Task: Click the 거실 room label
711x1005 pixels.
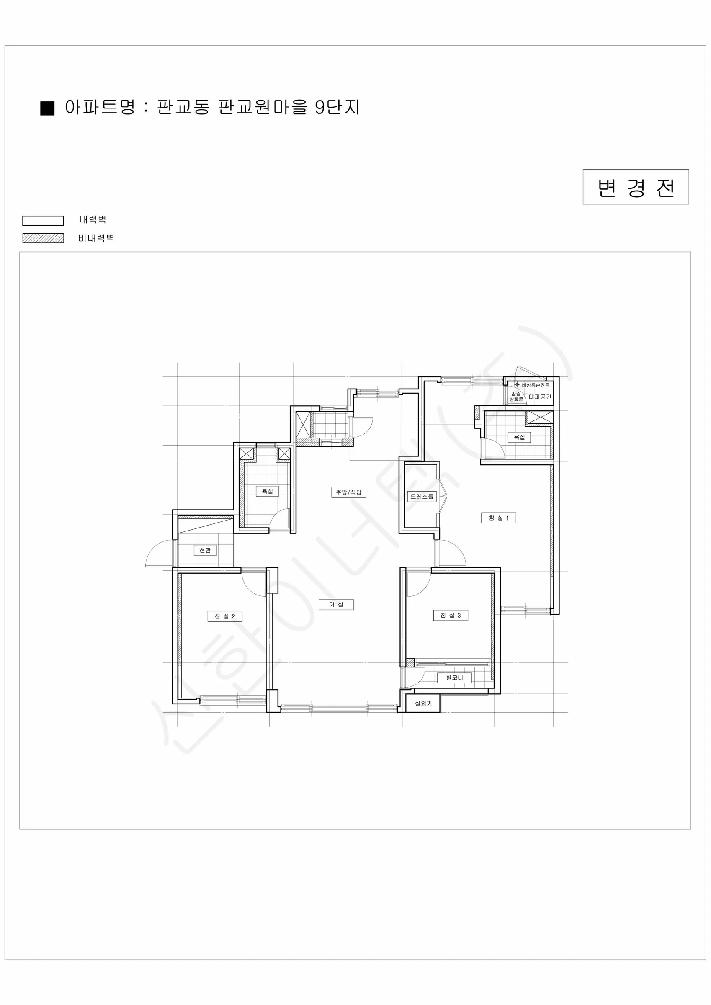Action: tap(336, 605)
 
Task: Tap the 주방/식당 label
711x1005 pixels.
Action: tap(348, 492)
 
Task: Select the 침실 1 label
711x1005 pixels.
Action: tap(499, 518)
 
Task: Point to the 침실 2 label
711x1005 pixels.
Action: tap(224, 616)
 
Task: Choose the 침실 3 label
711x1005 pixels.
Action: tap(451, 616)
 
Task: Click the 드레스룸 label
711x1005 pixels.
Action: tap(422, 496)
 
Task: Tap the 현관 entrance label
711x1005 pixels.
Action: tap(205, 550)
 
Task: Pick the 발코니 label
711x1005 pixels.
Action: tap(454, 678)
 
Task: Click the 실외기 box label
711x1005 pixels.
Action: tap(423, 703)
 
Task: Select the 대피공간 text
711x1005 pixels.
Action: tap(540, 397)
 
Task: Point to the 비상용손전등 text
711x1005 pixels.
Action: tap(536, 385)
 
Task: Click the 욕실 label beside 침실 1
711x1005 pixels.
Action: tap(519, 437)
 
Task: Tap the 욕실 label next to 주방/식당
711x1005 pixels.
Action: tap(267, 491)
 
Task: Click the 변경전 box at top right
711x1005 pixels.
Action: tap(636, 187)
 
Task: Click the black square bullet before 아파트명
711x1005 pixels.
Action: tap(47, 108)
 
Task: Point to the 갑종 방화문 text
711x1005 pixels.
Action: tap(516, 397)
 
